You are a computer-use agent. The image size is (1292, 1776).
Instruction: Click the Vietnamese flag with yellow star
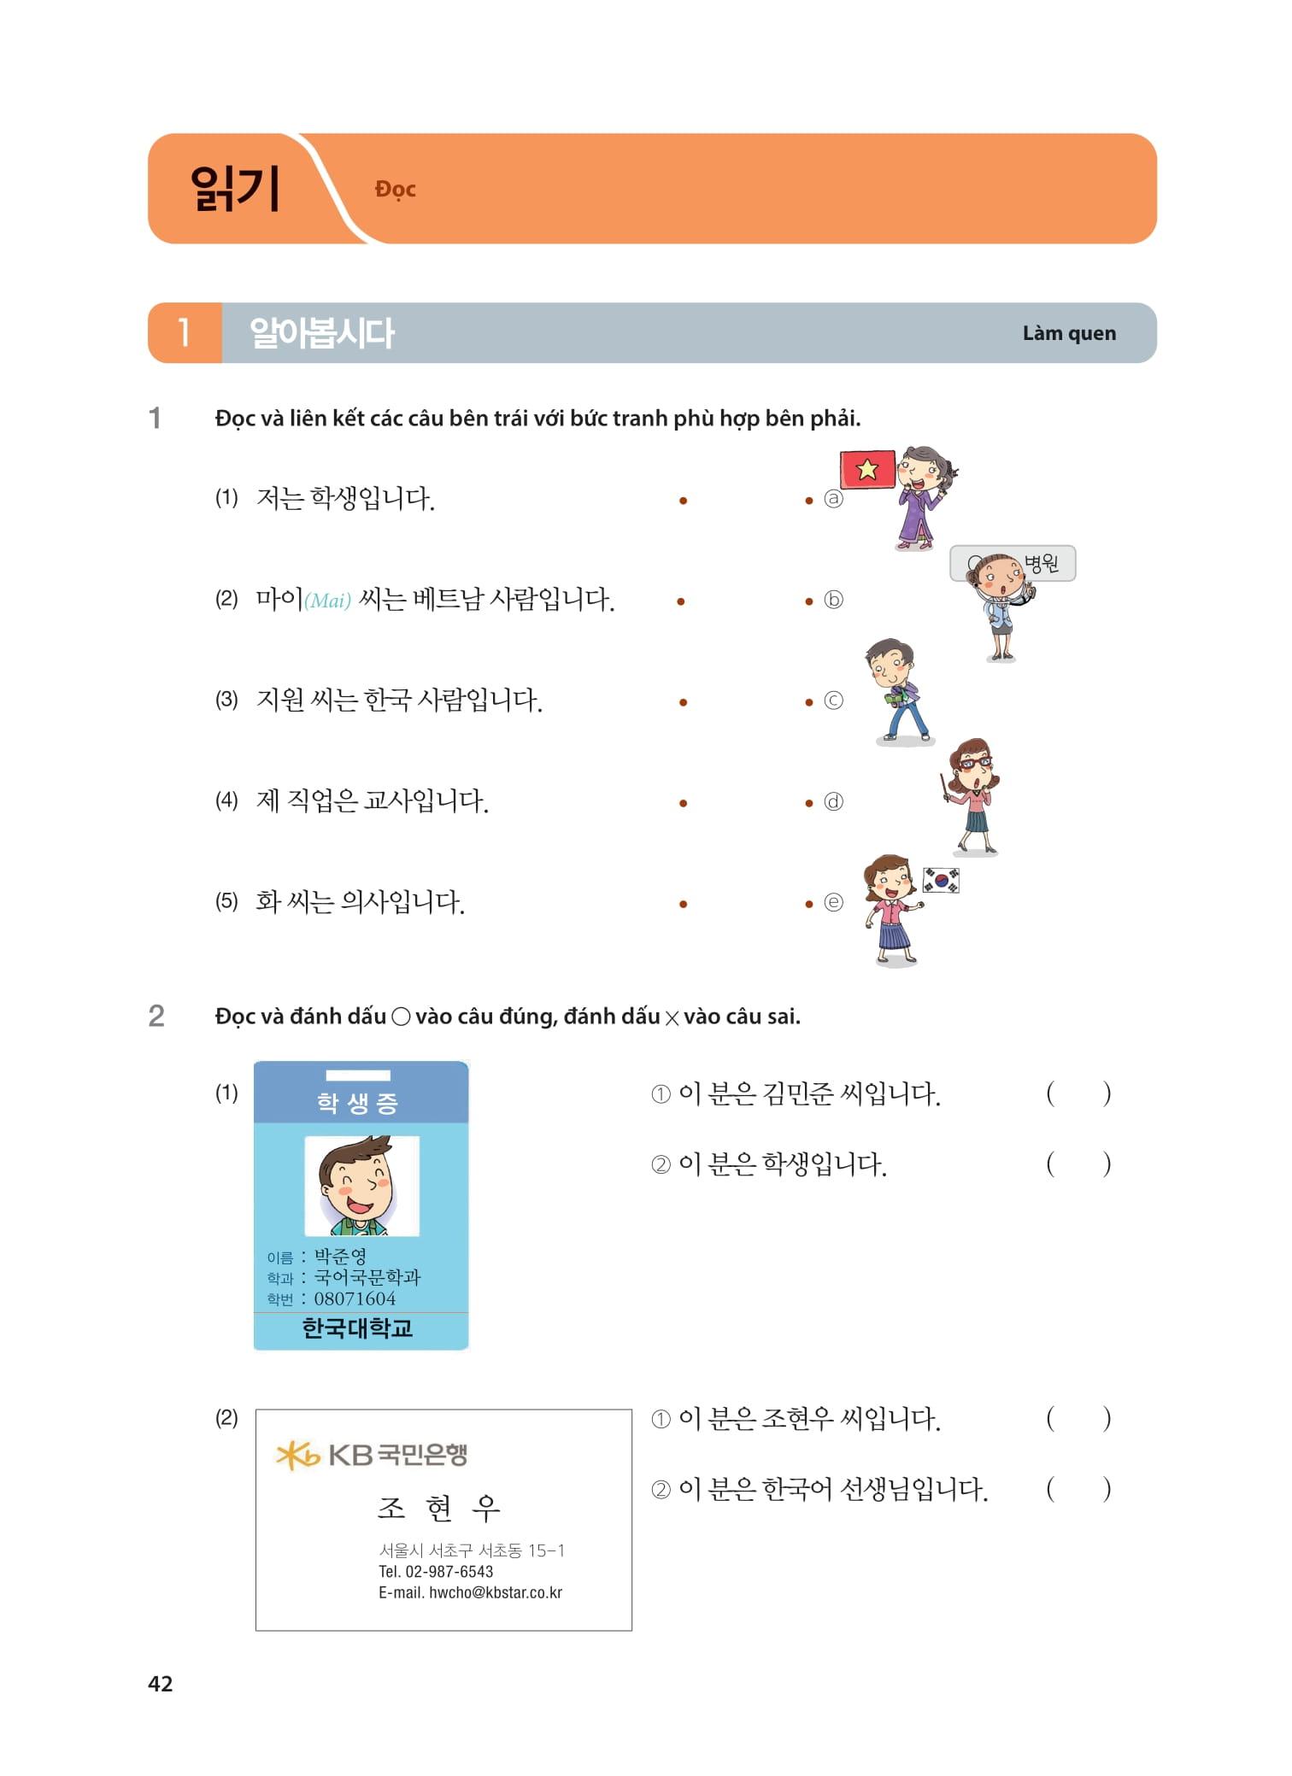point(867,469)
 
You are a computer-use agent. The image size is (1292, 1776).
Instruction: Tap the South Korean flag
point(941,880)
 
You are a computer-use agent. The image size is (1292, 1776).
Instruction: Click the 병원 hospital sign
point(1042,563)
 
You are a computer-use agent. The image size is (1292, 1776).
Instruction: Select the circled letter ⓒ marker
point(833,700)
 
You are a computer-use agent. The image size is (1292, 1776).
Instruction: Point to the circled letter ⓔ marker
point(833,902)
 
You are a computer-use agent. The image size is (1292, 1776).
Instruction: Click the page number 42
point(161,1683)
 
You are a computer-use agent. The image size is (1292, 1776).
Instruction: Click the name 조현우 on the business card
point(439,1509)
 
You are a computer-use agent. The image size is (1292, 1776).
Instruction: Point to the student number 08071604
point(355,1298)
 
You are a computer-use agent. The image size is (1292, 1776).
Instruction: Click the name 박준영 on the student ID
point(340,1256)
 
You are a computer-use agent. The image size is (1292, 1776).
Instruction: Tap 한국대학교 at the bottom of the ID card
point(358,1328)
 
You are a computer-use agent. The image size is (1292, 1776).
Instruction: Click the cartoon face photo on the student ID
point(361,1186)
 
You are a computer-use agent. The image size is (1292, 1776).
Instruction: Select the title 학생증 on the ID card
point(358,1103)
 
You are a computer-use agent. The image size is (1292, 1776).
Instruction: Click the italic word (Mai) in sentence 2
point(328,601)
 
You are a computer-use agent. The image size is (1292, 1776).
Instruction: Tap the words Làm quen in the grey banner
point(1069,333)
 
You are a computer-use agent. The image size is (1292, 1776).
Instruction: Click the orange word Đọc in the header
point(395,189)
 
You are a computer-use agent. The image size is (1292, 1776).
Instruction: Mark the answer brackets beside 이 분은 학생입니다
point(1078,1163)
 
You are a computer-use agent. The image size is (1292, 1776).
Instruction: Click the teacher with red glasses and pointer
point(972,794)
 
